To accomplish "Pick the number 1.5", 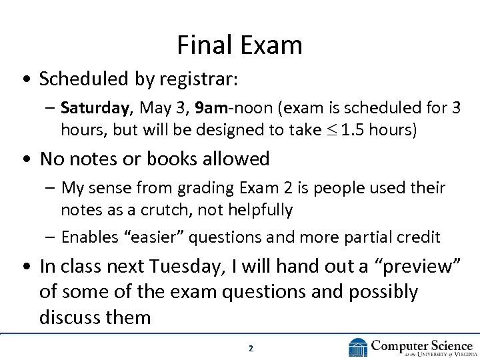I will tap(351, 130).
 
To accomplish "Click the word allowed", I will tap(239, 159).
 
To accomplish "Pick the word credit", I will tap(417, 237).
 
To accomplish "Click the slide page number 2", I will tap(251, 348).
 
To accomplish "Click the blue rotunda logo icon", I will tap(358, 347).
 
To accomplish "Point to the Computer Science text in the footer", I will tap(422, 345).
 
